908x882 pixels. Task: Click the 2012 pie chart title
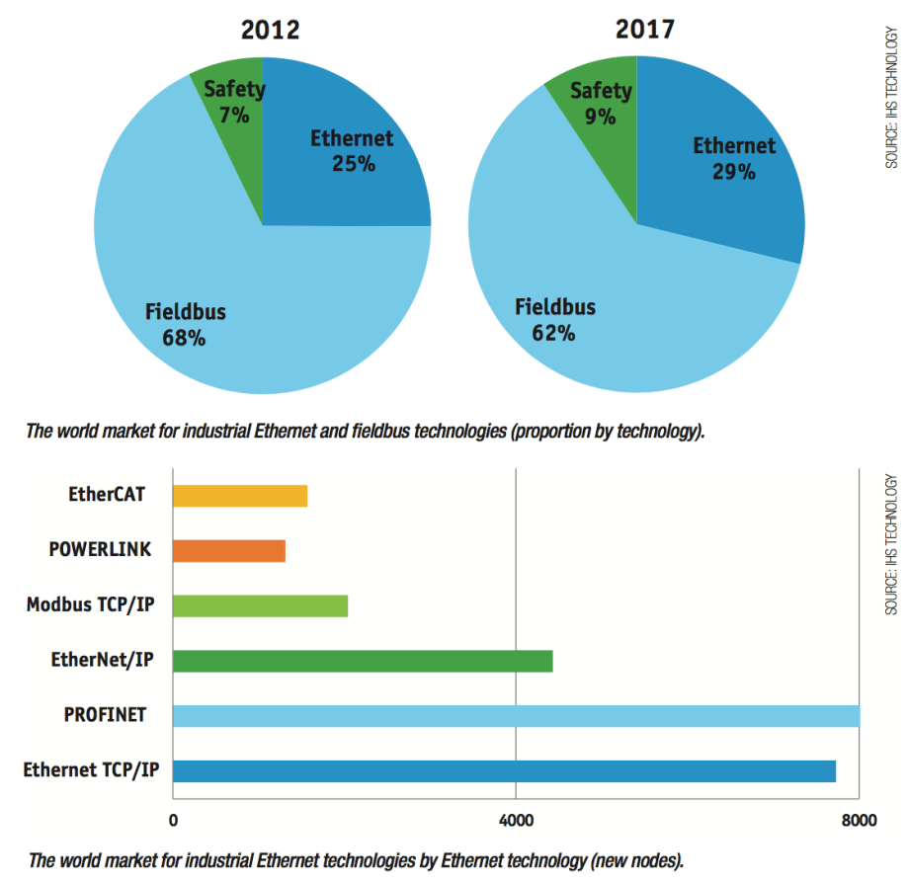(x=270, y=30)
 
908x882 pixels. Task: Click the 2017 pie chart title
(x=644, y=30)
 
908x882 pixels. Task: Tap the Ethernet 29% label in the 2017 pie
(x=733, y=158)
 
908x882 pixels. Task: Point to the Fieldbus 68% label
(x=185, y=325)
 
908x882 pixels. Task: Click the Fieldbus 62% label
(x=554, y=319)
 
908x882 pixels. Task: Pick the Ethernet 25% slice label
(x=352, y=150)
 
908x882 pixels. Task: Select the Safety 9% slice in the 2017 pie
(x=601, y=103)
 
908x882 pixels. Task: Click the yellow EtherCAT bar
(x=240, y=495)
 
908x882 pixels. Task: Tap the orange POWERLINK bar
(x=229, y=550)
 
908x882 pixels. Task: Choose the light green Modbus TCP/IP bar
(x=260, y=605)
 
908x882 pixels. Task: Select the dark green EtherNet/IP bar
(x=363, y=661)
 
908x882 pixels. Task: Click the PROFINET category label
(x=105, y=714)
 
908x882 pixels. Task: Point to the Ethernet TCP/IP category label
(x=91, y=769)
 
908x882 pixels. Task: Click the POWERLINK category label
(x=100, y=548)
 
